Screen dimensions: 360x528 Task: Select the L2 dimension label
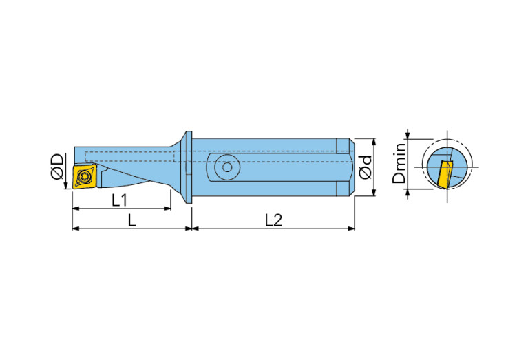click(273, 220)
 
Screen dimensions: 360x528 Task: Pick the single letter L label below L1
click(131, 220)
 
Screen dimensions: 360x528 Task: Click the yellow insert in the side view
click(83, 176)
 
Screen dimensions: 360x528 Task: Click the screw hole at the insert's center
click(83, 176)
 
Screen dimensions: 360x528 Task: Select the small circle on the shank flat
click(225, 167)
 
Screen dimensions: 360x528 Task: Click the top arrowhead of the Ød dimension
click(374, 140)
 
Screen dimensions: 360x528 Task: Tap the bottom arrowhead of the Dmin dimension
click(408, 192)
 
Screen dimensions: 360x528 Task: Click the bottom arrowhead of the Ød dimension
click(374, 194)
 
